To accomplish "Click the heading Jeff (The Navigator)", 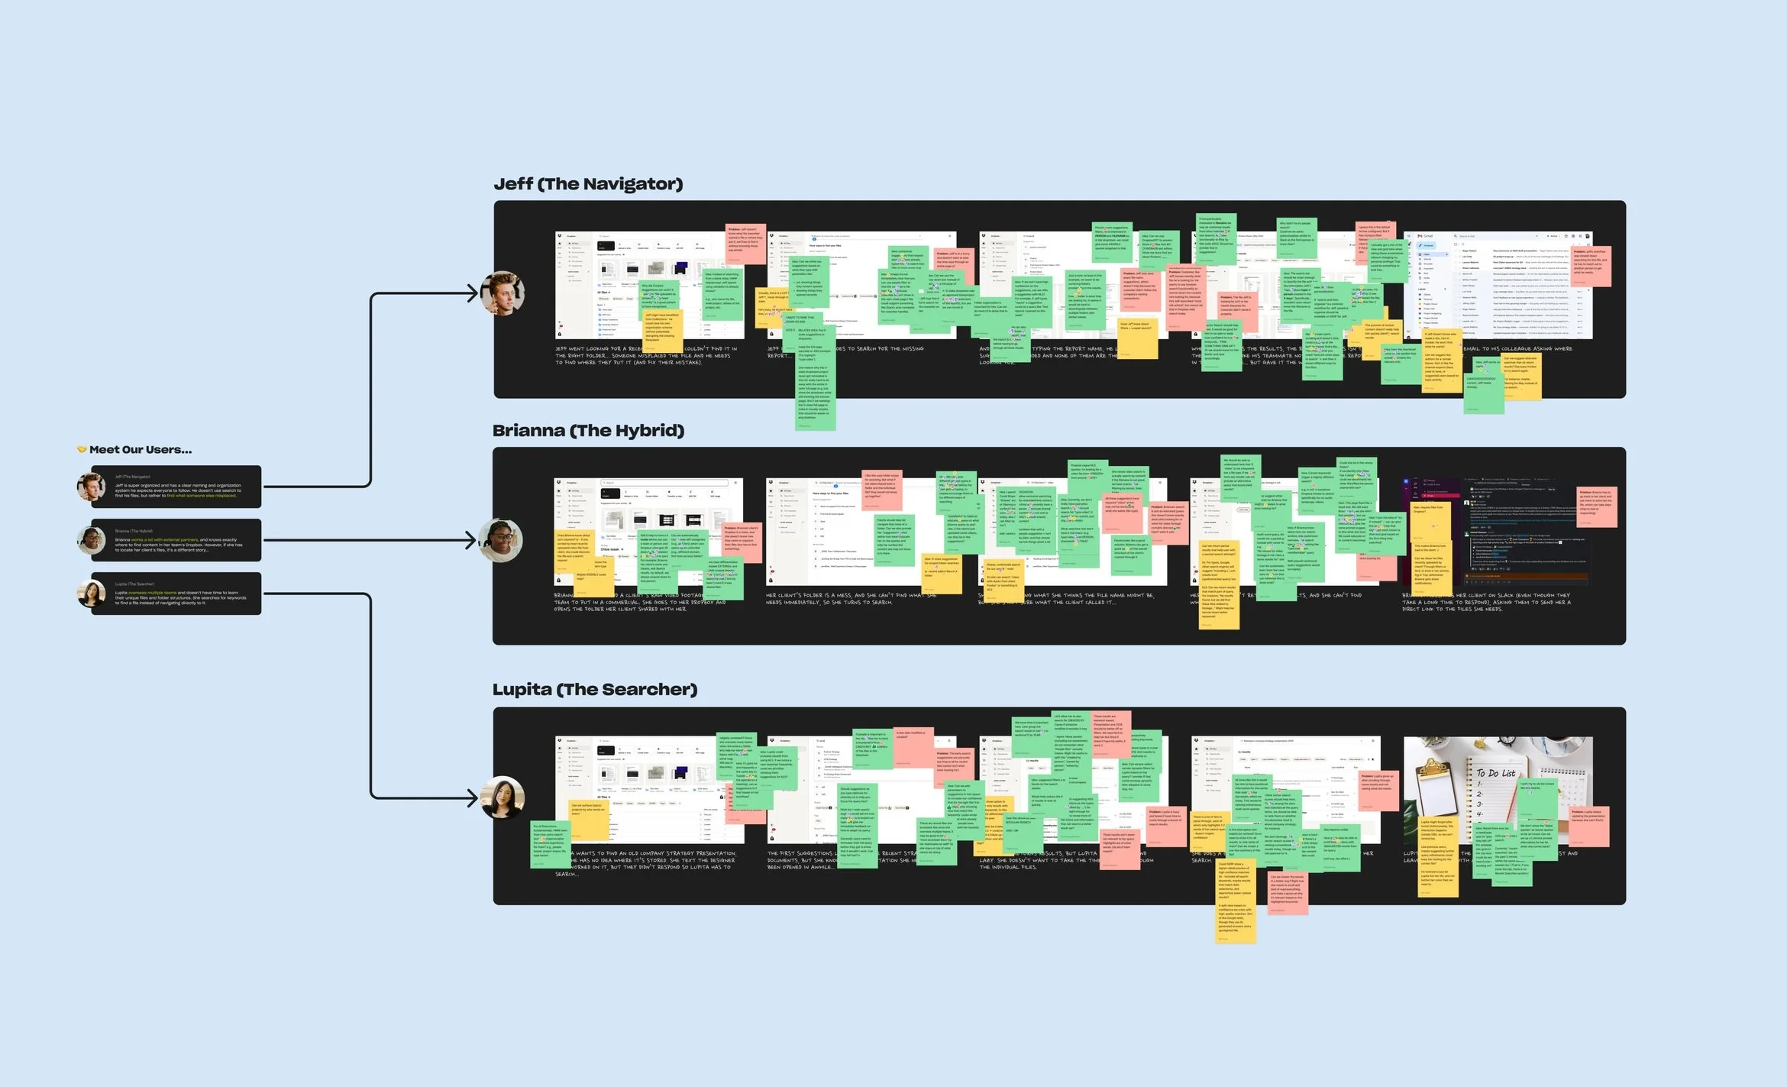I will pos(588,184).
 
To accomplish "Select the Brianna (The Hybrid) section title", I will pos(588,431).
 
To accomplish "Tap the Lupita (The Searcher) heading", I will pos(595,690).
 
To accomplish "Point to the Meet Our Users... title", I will pos(141,450).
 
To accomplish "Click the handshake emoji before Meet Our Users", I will pos(82,450).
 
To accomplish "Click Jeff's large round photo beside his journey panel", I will pos(502,293).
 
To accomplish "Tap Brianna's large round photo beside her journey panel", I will pos(501,540).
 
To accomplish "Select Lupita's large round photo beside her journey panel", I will pos(502,797).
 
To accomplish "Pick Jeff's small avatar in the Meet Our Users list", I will pos(91,487).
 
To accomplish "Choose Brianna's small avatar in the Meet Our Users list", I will pos(92,540).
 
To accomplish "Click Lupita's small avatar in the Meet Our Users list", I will pos(92,594).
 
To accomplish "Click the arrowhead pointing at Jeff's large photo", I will pos(472,293).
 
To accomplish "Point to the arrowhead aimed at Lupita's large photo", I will pos(472,797).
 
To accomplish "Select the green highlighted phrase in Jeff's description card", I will pos(202,496).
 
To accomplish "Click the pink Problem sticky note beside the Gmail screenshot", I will pos(1590,266).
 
